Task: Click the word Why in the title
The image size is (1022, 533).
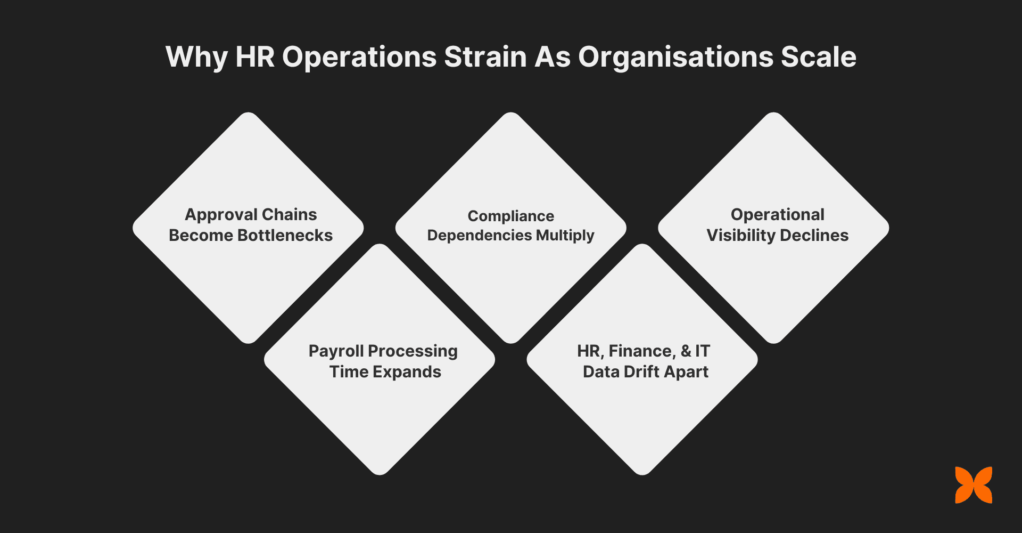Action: click(x=196, y=57)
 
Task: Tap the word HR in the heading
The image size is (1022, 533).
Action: click(x=255, y=56)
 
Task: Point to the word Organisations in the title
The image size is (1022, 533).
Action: click(x=675, y=57)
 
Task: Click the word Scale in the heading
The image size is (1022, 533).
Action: click(x=818, y=56)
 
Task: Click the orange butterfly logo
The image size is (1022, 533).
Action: click(x=974, y=485)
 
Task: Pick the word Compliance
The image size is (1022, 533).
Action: click(x=511, y=216)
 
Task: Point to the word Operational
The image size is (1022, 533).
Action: click(x=777, y=214)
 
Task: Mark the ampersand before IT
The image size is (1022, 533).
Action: click(x=686, y=351)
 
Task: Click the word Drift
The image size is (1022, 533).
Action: click(x=644, y=372)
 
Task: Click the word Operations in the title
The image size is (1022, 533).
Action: click(x=359, y=57)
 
